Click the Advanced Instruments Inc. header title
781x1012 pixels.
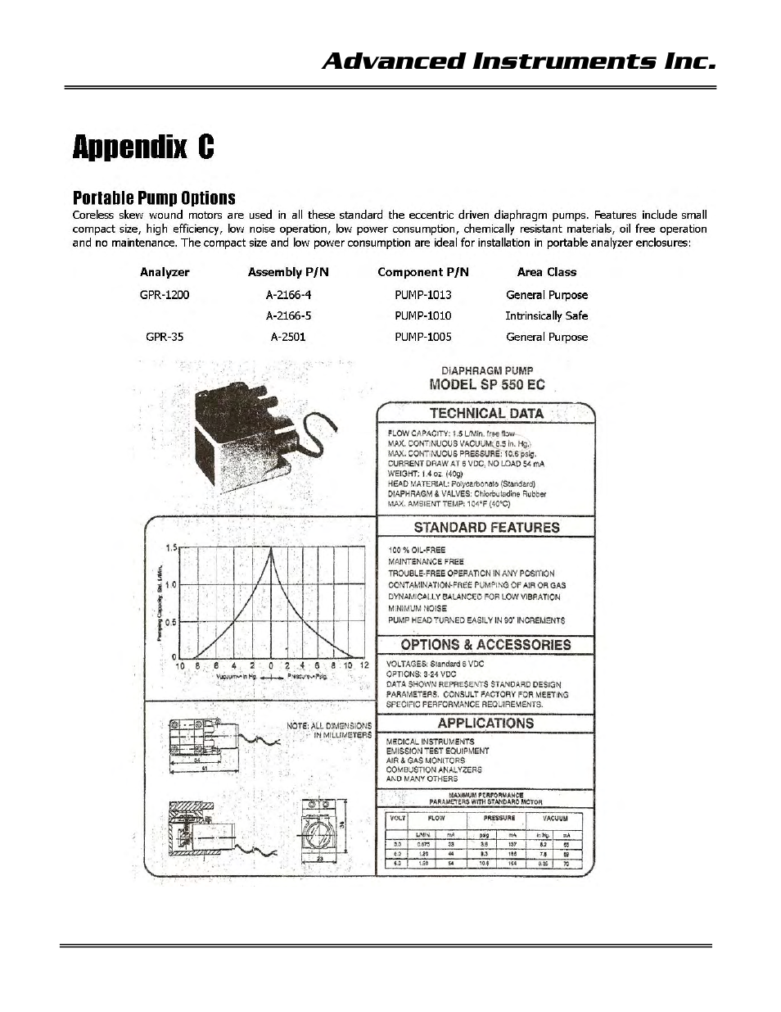(519, 62)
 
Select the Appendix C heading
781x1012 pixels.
(143, 147)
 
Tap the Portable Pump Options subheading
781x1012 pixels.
(154, 197)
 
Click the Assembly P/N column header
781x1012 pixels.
(288, 272)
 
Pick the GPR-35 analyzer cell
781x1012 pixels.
(165, 337)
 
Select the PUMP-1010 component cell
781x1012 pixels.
(422, 315)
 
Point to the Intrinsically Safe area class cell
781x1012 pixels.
(546, 315)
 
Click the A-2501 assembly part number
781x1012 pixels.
(288, 337)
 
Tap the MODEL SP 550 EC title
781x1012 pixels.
(487, 384)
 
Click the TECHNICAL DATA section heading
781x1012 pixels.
(486, 414)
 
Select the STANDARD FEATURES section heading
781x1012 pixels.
(486, 528)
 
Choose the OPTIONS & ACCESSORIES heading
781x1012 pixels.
(485, 645)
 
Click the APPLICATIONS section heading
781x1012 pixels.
(485, 724)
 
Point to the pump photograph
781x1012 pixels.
(246, 433)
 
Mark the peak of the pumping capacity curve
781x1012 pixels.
(272, 549)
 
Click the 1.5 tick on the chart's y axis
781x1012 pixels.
(172, 548)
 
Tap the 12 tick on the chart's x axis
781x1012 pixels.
(365, 665)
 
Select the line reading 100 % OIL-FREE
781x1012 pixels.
(417, 550)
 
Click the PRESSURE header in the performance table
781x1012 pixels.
(499, 818)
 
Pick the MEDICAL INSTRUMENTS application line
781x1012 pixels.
(430, 742)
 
